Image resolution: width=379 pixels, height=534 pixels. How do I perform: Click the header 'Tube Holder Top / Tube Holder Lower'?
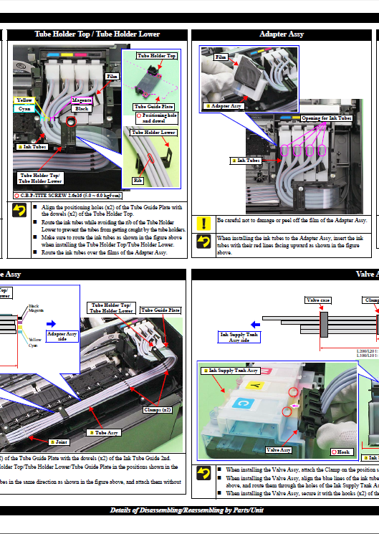coord(97,34)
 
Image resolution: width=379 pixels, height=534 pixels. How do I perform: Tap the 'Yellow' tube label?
coord(24,100)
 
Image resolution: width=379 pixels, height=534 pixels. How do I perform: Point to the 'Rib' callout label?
coord(138,180)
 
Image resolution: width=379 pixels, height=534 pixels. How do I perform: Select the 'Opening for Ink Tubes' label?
coord(326,118)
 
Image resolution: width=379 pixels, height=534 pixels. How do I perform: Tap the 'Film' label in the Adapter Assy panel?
coord(221,57)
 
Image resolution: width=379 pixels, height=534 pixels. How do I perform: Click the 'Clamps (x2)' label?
coord(157,410)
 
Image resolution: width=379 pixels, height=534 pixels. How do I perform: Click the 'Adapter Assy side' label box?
coord(62,337)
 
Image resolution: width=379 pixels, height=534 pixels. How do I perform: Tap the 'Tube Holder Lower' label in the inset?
coord(153,133)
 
